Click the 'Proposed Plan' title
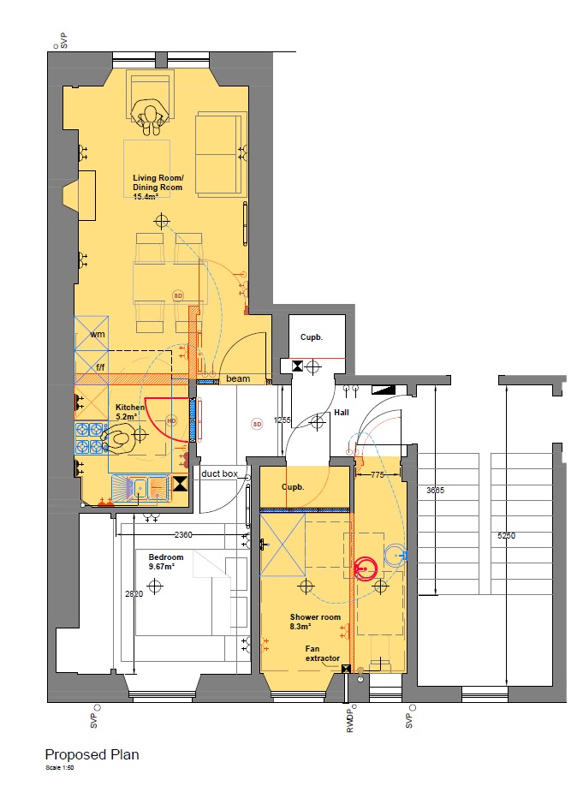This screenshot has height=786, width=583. click(92, 755)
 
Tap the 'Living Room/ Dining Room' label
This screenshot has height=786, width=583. click(158, 182)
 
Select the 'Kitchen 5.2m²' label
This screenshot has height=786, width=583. click(130, 412)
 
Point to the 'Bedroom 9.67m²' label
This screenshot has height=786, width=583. click(166, 562)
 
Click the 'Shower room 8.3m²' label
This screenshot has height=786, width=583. click(315, 622)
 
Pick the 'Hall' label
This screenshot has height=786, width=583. click(342, 413)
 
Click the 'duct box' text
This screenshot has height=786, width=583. click(219, 473)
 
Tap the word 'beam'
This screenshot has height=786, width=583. click(238, 378)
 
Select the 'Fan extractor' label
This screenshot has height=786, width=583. click(323, 653)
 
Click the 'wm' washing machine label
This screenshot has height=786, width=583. click(98, 335)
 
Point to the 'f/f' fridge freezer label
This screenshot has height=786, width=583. click(100, 367)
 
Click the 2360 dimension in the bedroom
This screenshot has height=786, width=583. click(183, 535)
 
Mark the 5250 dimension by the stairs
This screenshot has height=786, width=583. click(506, 535)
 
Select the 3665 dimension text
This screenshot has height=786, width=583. click(435, 491)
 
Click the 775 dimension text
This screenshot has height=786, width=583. click(377, 474)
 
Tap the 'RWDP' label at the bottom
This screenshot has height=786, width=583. click(350, 720)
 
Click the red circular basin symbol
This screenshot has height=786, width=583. click(365, 568)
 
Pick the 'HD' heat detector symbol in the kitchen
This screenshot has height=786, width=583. click(171, 420)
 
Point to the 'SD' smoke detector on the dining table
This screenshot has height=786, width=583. click(178, 295)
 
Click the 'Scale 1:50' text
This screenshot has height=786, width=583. click(60, 767)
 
